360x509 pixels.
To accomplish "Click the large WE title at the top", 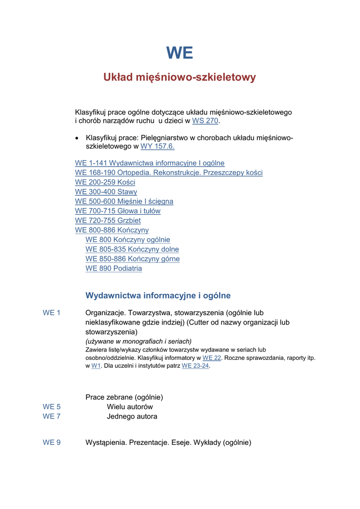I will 180,53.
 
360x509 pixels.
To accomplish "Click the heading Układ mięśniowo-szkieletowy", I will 180,78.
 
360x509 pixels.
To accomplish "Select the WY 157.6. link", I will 157,147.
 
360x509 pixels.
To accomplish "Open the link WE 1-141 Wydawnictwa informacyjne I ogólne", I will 149,163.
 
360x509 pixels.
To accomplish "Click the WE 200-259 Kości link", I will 105,182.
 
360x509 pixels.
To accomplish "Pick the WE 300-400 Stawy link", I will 106,192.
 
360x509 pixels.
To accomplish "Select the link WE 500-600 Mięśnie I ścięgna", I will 124,201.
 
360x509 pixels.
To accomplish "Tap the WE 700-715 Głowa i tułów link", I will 118,211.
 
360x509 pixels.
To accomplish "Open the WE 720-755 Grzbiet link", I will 108,220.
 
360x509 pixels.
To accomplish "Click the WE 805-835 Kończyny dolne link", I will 132,249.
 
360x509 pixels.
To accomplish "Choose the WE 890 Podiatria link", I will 114,268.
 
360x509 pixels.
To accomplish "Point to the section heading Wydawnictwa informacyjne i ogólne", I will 158,296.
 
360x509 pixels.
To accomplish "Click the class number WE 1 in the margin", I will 52,313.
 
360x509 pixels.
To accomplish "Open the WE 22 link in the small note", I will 212,358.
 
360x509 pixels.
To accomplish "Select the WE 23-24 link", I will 195,366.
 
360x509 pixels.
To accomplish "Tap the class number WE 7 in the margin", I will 52,417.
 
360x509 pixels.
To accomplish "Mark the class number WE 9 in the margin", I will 52,442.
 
